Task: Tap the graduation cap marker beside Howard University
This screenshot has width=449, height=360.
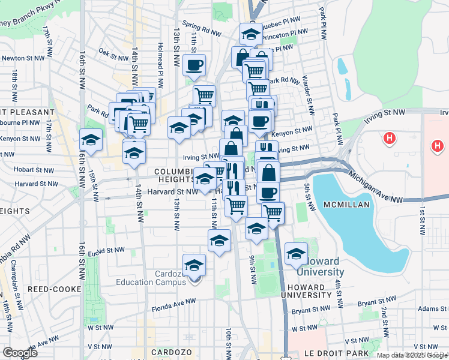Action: point(296,253)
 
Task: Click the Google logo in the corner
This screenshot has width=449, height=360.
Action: point(20,353)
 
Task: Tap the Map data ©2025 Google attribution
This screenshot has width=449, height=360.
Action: point(412,355)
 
